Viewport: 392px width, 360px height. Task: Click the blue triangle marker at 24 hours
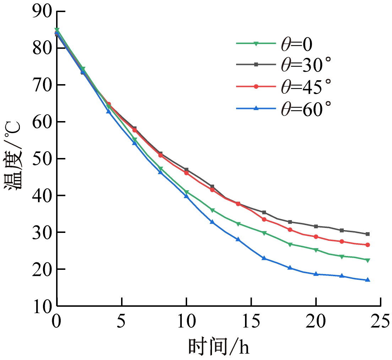point(367,280)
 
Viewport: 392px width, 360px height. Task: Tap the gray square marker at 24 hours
point(367,234)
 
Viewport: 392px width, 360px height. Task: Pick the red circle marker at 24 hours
point(367,245)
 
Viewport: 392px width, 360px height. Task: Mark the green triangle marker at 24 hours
point(367,260)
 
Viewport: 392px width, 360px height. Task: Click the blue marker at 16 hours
point(264,258)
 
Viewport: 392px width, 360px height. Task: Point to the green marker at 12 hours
point(212,210)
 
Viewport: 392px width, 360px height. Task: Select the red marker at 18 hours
point(290,230)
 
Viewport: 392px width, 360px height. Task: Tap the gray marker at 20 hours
point(316,226)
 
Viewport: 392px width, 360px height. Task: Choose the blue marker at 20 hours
point(316,274)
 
